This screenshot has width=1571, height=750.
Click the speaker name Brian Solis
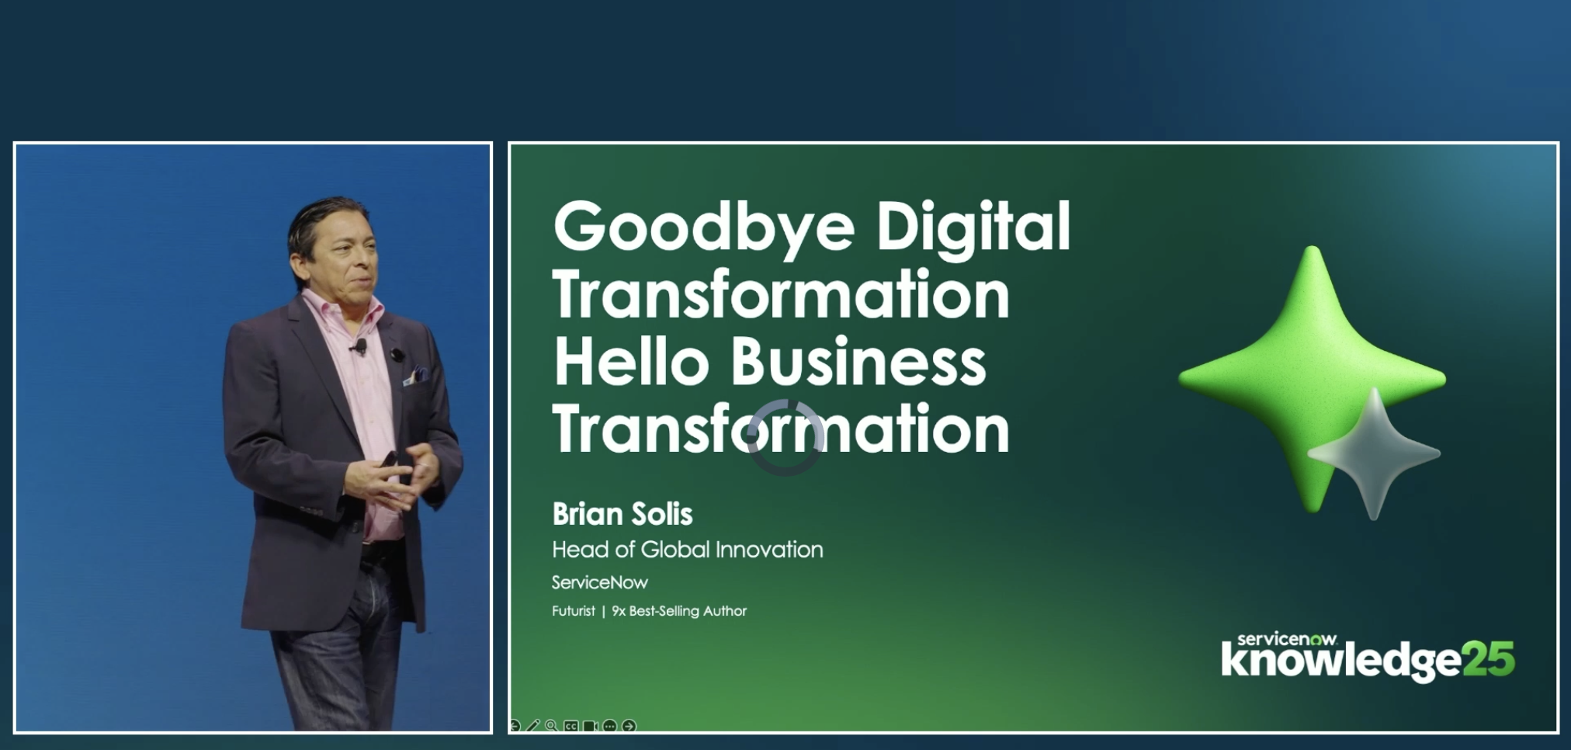tap(623, 514)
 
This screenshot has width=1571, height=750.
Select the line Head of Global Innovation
tap(688, 550)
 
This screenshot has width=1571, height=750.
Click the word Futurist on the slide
tap(574, 611)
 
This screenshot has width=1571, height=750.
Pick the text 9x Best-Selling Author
tap(679, 611)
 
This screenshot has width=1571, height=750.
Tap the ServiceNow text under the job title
tap(600, 582)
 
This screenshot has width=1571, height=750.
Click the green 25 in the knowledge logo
tap(1488, 659)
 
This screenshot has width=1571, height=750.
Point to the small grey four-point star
tap(1375, 453)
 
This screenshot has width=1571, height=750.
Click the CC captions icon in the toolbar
tap(571, 726)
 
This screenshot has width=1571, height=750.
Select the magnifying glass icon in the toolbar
tap(551, 726)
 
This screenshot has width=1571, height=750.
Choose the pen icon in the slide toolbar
tap(532, 726)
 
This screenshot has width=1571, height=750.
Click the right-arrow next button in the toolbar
tap(629, 726)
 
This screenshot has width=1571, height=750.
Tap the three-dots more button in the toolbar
tap(609, 726)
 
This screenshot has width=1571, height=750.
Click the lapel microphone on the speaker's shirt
tap(359, 347)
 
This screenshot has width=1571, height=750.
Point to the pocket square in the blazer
tap(417, 376)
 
